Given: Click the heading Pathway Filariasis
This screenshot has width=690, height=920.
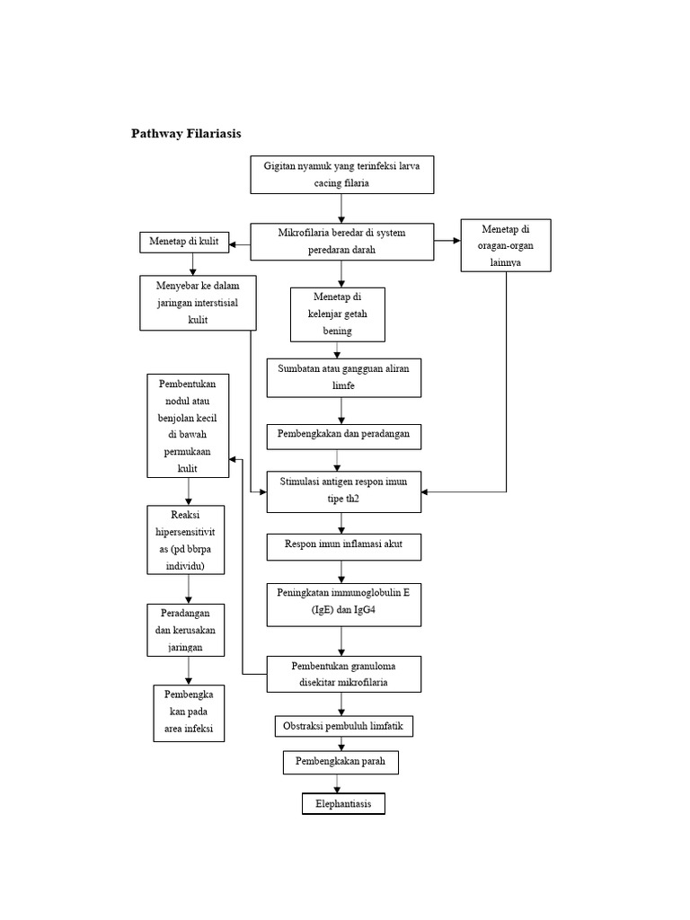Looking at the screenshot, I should tap(186, 134).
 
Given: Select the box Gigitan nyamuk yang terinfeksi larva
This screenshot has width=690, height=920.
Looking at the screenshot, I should tap(341, 174).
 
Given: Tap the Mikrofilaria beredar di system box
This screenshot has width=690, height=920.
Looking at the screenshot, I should tap(341, 242).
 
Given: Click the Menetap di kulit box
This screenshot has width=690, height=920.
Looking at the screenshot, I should tap(184, 242).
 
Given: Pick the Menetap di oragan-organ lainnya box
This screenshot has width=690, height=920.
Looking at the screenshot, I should tap(506, 245).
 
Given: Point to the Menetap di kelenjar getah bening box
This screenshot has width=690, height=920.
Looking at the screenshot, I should tap(337, 314).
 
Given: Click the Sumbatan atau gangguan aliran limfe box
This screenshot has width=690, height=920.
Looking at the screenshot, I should tap(344, 377).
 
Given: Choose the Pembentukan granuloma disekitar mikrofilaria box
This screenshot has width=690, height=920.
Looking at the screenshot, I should tap(344, 675).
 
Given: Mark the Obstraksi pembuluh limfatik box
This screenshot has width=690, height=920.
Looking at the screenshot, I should tap(344, 726).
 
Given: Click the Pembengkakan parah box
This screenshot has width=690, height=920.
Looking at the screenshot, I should tap(341, 763).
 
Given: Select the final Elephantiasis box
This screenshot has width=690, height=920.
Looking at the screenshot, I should tap(343, 803).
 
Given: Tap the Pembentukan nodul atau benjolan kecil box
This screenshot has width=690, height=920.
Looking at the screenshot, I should tap(189, 426).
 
